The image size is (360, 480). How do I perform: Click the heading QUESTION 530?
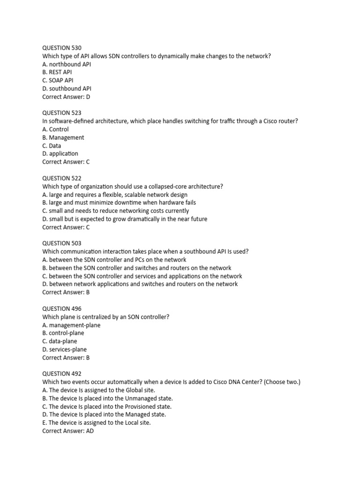point(61,48)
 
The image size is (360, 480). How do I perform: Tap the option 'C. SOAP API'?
point(58,80)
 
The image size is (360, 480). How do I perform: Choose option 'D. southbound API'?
point(67,89)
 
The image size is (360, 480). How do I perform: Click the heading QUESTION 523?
point(61,113)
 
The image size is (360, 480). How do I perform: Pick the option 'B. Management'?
point(63,137)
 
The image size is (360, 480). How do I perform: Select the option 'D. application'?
point(60,154)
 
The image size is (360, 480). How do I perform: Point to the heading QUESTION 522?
point(61,178)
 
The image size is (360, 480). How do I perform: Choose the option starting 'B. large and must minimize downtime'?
point(119,202)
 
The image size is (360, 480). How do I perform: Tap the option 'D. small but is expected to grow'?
point(125,219)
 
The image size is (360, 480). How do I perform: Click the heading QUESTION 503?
point(61,243)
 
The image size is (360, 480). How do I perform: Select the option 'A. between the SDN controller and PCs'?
point(114,260)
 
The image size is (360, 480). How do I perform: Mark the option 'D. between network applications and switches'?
point(140,284)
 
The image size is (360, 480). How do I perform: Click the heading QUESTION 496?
point(61,308)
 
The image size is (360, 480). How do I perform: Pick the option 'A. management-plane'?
point(71,325)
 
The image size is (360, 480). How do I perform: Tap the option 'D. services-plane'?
point(64,349)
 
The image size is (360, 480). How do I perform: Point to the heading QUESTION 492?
point(61,374)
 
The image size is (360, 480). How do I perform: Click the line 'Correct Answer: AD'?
point(68,431)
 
